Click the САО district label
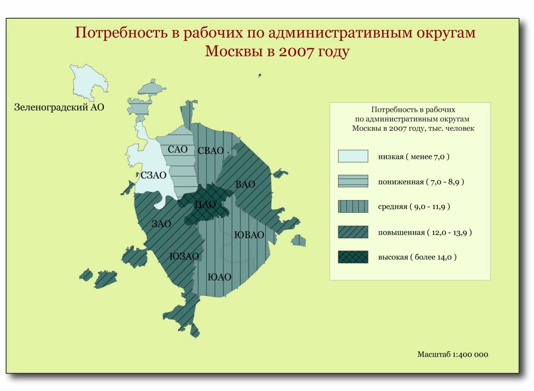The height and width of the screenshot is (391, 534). point(178,150)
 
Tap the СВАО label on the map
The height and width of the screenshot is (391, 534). point(211,151)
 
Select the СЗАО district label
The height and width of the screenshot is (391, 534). point(153,175)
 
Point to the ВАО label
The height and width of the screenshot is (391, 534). point(245,184)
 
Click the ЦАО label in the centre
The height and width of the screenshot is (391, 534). point(205,204)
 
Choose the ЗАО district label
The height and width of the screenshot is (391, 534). point(161,224)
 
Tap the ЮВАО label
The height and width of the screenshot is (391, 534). point(249,235)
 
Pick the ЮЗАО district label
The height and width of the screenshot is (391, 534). point(184,256)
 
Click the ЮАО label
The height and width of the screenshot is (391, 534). point(219,277)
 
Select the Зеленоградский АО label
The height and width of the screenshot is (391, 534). point(59,107)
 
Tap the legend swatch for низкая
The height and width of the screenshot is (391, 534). point(353,156)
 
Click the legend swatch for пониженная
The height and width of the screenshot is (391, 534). point(353,181)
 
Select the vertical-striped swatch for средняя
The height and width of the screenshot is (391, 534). point(353,206)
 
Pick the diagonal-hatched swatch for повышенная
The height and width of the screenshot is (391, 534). point(353,232)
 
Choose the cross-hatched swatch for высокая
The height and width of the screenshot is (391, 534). point(353,257)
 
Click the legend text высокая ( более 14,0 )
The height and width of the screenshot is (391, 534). point(417,257)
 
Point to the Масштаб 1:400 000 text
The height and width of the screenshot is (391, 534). point(453,354)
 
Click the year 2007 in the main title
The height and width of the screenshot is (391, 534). point(296,51)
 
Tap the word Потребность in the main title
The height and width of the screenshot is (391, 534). point(121,33)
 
